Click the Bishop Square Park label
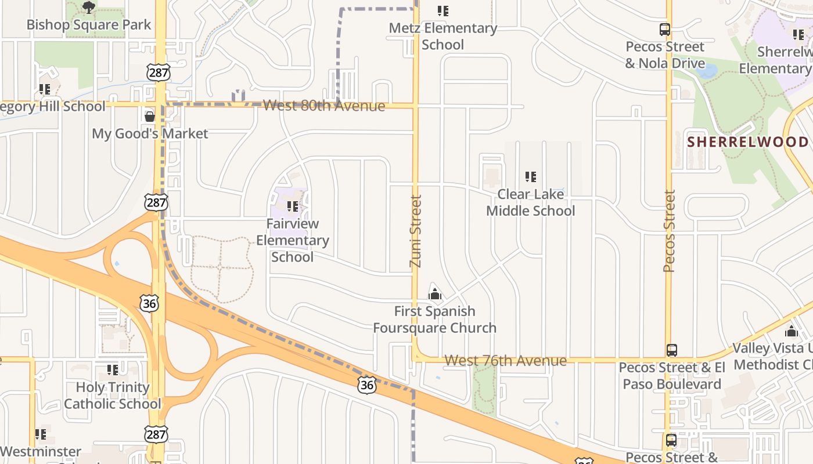coord(89,25)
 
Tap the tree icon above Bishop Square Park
coord(89,8)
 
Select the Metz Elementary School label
coord(443,36)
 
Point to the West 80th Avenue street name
coord(324,106)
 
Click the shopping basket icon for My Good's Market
coord(150,117)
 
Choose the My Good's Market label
coord(150,133)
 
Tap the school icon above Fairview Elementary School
coord(293,206)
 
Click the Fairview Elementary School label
coord(293,240)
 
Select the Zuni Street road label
coord(415,231)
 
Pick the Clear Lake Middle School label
coord(530,202)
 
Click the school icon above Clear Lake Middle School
coord(530,177)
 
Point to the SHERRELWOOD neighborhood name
coord(748,142)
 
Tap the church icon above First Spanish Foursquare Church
coord(434,295)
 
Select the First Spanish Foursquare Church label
coord(434,320)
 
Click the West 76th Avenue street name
coord(505,360)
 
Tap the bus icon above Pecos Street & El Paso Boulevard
coord(672,350)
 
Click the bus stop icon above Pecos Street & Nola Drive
coord(665,30)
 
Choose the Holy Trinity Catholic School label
coord(113,395)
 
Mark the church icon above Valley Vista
coord(791,332)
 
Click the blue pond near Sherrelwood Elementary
coord(706,71)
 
